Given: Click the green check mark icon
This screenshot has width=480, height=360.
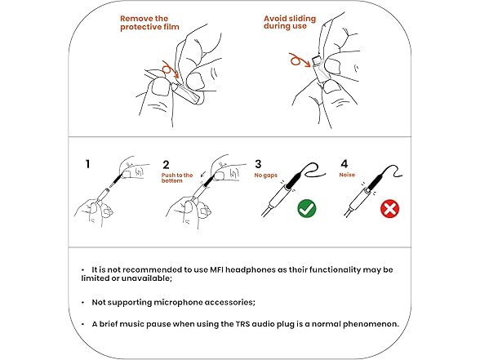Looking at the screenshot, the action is click(x=307, y=208).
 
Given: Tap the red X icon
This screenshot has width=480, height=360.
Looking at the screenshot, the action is click(x=389, y=209).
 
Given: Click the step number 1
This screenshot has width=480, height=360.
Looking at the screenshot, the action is click(x=88, y=164).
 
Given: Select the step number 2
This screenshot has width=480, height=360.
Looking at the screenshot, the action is click(x=166, y=165).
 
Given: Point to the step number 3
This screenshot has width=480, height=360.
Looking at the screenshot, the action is click(x=258, y=164).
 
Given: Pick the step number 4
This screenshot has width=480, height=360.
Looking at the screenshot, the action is click(x=344, y=164).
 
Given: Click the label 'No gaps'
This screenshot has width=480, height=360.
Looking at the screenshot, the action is click(x=266, y=176).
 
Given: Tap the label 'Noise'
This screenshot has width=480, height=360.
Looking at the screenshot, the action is click(x=347, y=175).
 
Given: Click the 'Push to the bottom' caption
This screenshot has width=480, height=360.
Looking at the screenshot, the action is click(x=177, y=178).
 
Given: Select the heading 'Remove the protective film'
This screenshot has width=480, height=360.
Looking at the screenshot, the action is click(x=149, y=23).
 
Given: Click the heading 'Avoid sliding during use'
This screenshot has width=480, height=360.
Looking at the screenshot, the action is click(x=290, y=22).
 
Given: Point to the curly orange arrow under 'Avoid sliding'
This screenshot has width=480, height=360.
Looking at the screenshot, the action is click(x=300, y=60).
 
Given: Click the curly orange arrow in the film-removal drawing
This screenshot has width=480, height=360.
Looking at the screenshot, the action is click(x=170, y=69).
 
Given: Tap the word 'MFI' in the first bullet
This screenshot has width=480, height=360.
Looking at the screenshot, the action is click(x=217, y=269).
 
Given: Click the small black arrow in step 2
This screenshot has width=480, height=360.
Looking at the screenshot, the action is click(x=203, y=174).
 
